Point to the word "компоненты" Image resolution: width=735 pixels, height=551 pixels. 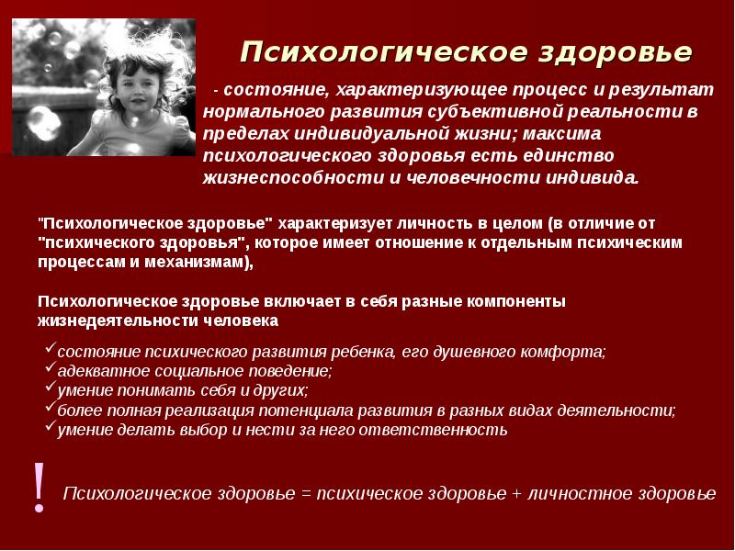[515, 301]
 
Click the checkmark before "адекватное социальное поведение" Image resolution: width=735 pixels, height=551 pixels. [50, 370]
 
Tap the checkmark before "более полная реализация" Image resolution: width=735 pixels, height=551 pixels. [50, 409]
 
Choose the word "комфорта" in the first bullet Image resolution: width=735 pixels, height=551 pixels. [567, 352]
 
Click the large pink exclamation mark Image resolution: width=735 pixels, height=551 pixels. [39, 487]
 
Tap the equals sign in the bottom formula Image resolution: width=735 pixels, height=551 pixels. [305, 494]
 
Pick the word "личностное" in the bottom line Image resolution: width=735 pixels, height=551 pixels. [576, 494]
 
